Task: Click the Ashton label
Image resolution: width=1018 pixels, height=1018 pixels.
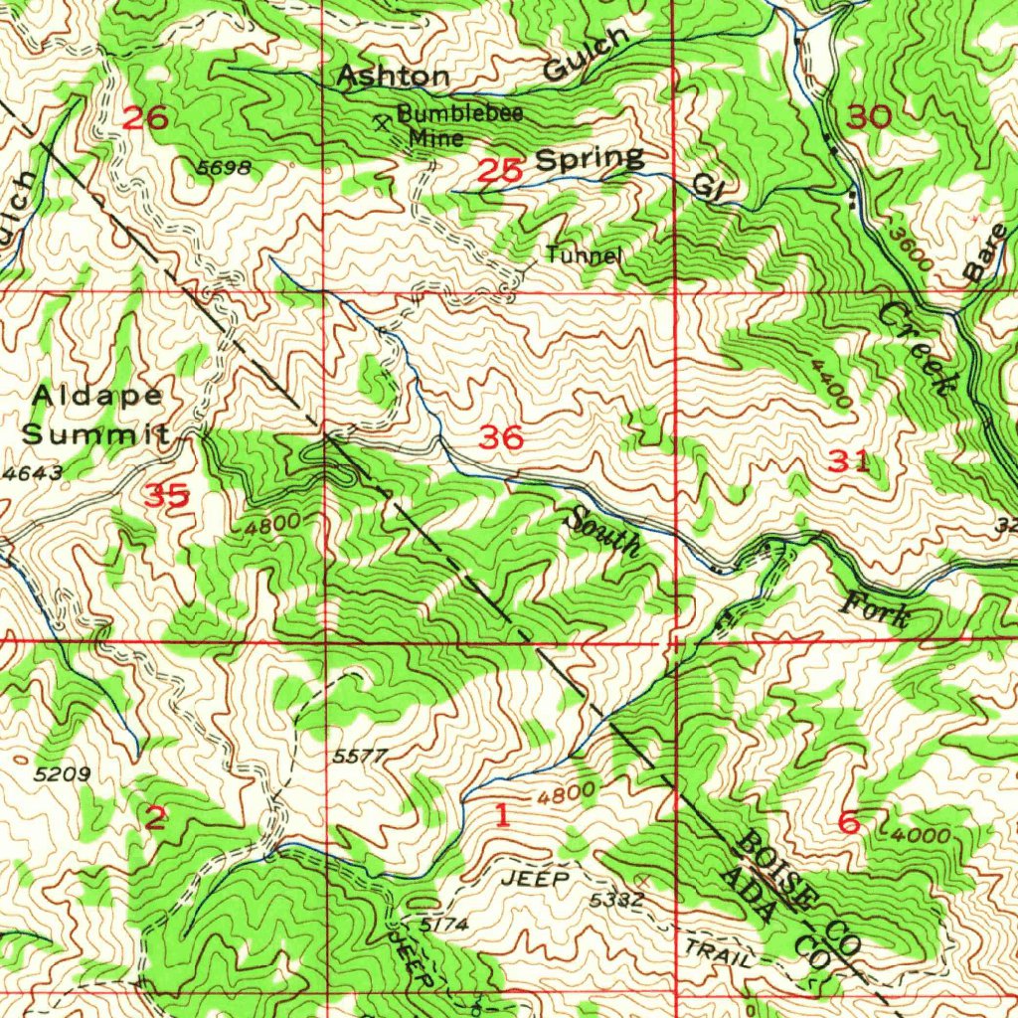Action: [x=393, y=77]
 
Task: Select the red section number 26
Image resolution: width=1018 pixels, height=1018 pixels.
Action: [x=144, y=118]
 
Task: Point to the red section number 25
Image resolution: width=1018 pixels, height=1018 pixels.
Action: [x=500, y=171]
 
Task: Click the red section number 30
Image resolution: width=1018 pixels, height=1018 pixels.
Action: [x=870, y=117]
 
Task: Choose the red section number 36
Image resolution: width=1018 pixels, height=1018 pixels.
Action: [x=500, y=436]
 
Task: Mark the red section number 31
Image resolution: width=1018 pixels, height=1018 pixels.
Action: [x=849, y=460]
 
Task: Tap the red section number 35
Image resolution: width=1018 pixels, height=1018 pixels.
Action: [x=166, y=494]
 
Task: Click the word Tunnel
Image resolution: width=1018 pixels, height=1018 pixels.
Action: [x=584, y=255]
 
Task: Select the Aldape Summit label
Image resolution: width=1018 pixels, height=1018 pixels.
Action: [x=96, y=415]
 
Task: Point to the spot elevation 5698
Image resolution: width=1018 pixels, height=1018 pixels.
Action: [x=223, y=168]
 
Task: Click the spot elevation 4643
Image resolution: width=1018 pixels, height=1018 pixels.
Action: [x=32, y=474]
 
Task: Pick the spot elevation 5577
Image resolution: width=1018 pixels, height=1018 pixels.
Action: [x=359, y=757]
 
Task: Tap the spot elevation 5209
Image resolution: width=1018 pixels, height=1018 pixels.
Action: [x=64, y=773]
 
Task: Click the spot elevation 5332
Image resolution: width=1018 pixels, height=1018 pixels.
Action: [x=616, y=900]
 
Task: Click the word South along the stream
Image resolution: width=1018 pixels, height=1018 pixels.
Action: [x=603, y=531]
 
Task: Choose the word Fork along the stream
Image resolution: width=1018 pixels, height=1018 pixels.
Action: [x=878, y=608]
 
